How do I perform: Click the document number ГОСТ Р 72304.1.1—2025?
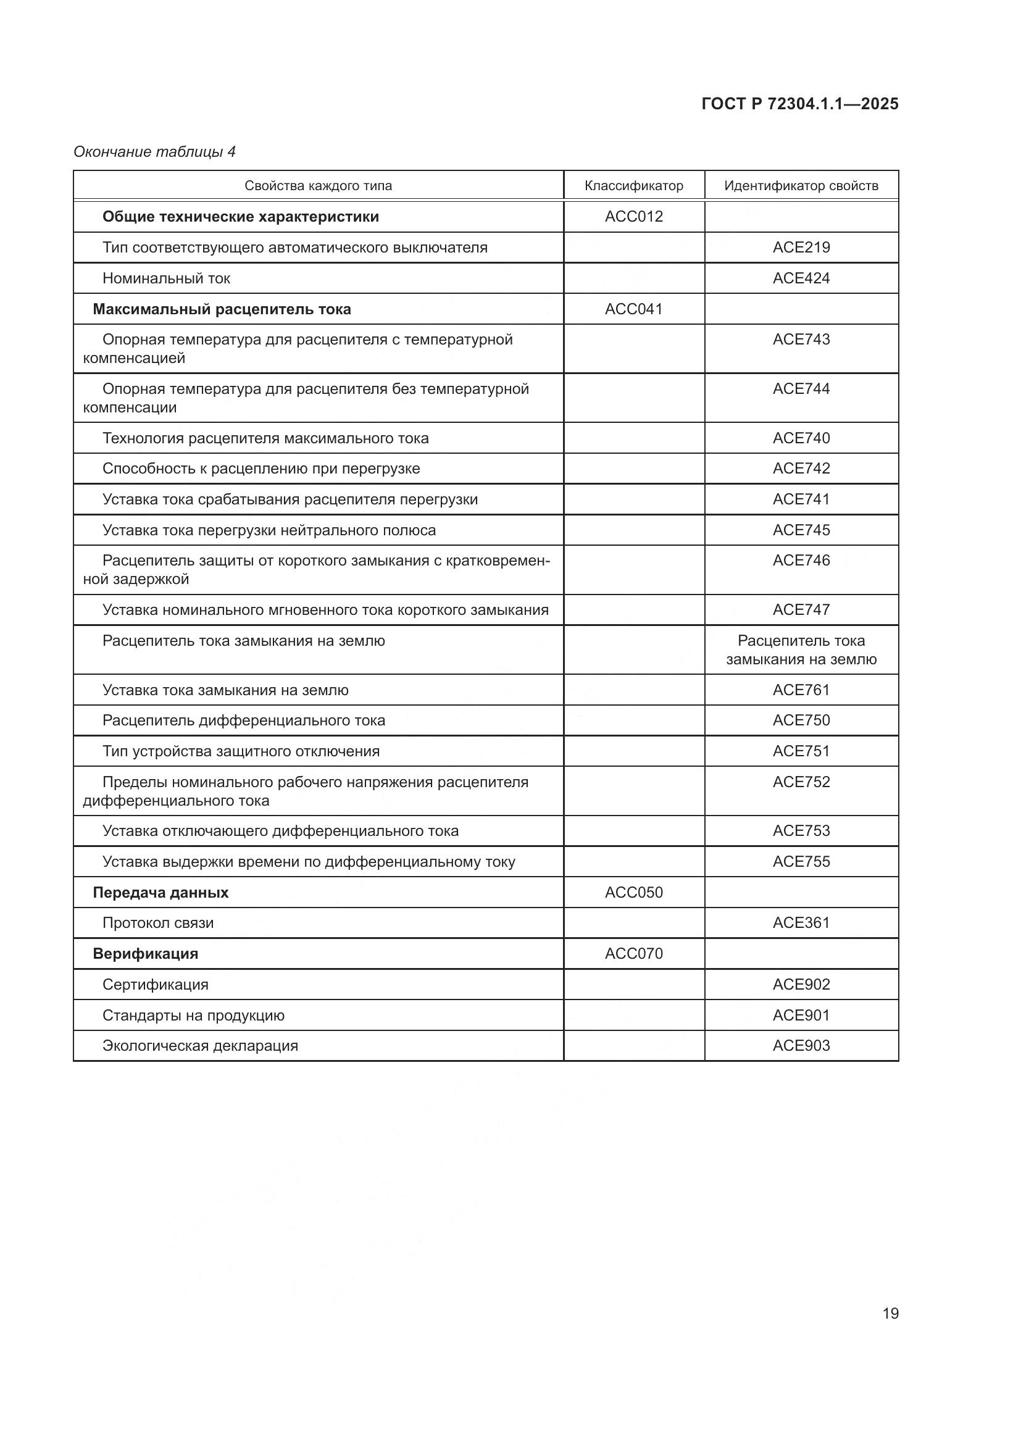pos(799,104)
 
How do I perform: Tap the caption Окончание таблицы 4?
pos(154,152)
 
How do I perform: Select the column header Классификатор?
pos(633,186)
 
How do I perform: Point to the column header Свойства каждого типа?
pos(317,186)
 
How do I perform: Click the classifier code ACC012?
pos(633,216)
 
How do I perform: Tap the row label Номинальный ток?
pos(166,278)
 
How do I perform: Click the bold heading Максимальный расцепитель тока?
pos(222,309)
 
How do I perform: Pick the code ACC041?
pos(633,309)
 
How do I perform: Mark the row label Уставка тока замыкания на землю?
pos(225,690)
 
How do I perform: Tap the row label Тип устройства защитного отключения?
pos(241,751)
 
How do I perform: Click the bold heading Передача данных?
pos(160,893)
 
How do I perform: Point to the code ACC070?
pos(633,953)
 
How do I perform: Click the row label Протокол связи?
pos(158,922)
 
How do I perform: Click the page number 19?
pos(890,1313)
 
